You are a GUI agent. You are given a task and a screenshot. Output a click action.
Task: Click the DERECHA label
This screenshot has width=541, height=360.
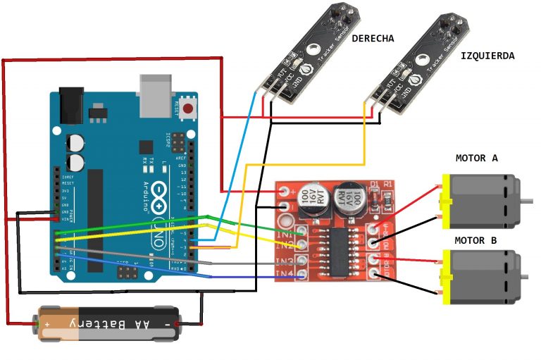tap(373, 38)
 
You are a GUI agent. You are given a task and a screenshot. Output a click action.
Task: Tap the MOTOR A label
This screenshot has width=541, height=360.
tap(476, 158)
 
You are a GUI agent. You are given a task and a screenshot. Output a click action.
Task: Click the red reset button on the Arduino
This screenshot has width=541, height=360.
tap(188, 109)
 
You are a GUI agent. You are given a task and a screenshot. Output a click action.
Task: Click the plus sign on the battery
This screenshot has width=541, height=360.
tap(48, 324)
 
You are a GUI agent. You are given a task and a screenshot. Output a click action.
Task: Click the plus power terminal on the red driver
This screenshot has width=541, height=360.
tap(284, 190)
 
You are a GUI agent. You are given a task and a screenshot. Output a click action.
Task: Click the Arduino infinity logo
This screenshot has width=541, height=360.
tap(161, 193)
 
